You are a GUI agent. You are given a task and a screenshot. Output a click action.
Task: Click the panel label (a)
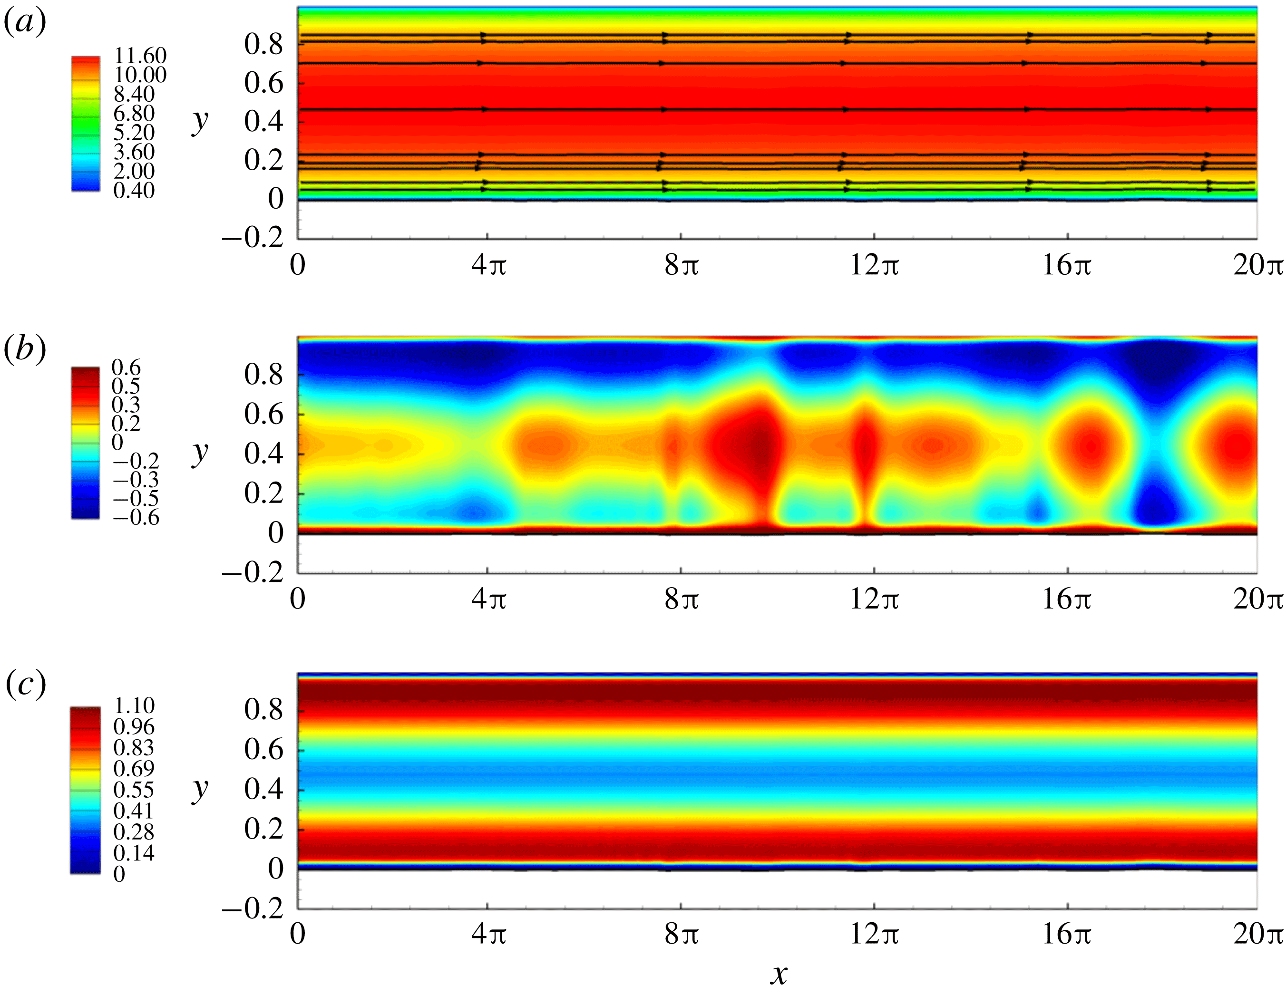click(25, 24)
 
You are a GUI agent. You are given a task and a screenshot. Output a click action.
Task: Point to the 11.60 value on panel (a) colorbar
click(140, 56)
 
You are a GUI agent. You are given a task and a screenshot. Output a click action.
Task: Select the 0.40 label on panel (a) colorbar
click(134, 191)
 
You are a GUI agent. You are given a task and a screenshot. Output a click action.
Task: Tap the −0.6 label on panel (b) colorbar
click(136, 518)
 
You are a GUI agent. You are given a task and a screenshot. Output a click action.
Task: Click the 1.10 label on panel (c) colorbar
click(134, 705)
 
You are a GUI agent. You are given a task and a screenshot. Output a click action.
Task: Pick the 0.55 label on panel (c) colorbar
click(134, 790)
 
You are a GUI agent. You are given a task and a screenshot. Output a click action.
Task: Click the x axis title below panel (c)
click(779, 975)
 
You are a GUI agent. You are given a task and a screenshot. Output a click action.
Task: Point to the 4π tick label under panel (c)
click(488, 934)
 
